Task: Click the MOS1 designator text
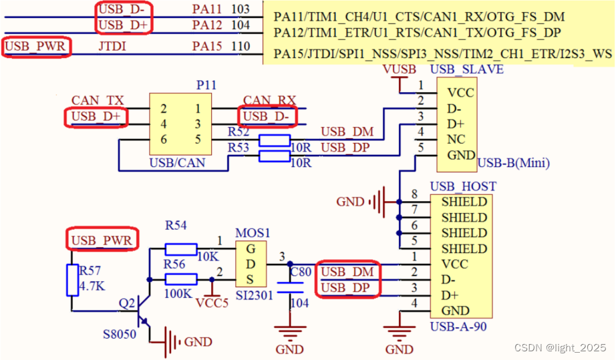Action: click(253, 234)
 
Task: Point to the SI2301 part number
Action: click(254, 295)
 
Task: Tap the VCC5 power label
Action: click(212, 301)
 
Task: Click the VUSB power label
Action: click(400, 69)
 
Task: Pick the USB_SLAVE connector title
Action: click(466, 69)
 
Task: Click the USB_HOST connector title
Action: click(462, 186)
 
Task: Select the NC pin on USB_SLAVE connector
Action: click(456, 140)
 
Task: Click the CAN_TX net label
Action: click(98, 100)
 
